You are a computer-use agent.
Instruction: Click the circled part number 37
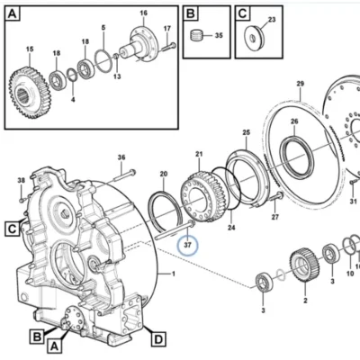click(x=187, y=245)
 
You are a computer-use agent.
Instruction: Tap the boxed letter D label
click(x=158, y=339)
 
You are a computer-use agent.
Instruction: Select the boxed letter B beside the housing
click(x=37, y=337)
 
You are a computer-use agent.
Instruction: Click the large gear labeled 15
click(x=30, y=93)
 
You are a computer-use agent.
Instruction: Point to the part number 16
click(x=144, y=13)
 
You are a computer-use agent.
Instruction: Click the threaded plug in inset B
click(x=195, y=35)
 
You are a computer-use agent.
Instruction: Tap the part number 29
click(x=301, y=84)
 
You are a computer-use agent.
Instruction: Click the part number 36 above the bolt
click(x=121, y=157)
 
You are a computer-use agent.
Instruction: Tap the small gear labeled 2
click(x=304, y=265)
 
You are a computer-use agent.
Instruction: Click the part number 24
click(x=231, y=228)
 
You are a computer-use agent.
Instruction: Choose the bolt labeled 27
click(x=276, y=197)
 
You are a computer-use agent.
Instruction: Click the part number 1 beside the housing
click(x=173, y=274)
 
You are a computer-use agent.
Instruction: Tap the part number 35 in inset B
click(x=219, y=35)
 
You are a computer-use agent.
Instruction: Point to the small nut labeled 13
click(x=116, y=56)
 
